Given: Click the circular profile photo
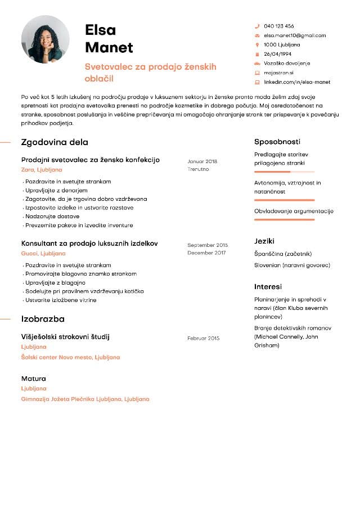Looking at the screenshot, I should [x=46, y=39].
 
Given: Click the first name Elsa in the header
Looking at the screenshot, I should [x=101, y=30].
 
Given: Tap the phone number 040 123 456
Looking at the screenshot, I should [x=279, y=26].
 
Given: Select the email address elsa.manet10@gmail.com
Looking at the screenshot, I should [x=295, y=35].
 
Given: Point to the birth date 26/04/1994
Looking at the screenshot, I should [x=278, y=54].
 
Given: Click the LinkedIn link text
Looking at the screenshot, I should [x=297, y=82].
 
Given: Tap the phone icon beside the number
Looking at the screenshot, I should [x=257, y=26].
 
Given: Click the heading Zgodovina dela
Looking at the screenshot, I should [x=55, y=142].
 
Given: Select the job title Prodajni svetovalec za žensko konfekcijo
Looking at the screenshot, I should [x=91, y=160].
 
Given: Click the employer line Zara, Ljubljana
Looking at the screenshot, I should [x=42, y=170].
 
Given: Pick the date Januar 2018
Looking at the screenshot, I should [x=202, y=161].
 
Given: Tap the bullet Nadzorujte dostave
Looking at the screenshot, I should [x=52, y=217].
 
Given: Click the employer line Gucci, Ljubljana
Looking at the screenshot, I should [x=43, y=254].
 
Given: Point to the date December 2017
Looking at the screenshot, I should [x=206, y=253].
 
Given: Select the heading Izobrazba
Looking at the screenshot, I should [x=43, y=319].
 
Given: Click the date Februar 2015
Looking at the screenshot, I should [x=203, y=338].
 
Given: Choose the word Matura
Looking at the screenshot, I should [x=34, y=379].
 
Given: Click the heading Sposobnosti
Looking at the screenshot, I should [x=277, y=142].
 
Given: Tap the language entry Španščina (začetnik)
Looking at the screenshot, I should [x=283, y=254].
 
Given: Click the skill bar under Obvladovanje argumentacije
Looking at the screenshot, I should [x=284, y=219].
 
